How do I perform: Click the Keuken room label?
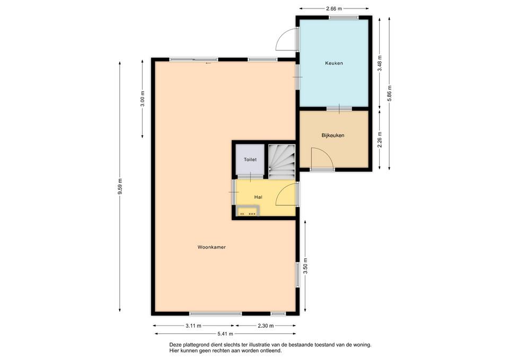334,63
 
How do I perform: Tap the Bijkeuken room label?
333,135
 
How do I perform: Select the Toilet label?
250,160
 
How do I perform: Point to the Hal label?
258,197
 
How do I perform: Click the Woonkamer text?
212,247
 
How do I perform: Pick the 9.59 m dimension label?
120,187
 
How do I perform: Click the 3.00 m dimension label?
143,99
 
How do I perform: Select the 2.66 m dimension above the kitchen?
334,9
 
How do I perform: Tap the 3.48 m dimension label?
380,63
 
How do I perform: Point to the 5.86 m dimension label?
390,93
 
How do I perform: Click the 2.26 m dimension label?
380,139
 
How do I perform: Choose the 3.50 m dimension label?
305,266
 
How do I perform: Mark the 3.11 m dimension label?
194,326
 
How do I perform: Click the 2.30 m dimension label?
266,326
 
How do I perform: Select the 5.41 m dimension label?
225,333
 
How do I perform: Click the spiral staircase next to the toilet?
282,161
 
